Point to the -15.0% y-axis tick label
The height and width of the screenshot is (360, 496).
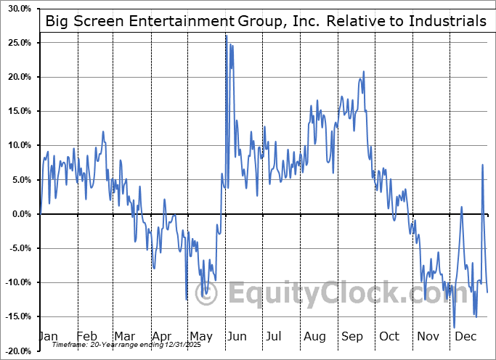coord(17,316)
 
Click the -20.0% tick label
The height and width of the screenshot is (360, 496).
coord(17,351)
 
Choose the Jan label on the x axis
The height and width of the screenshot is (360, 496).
coord(48,336)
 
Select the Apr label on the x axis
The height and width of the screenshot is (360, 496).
coord(162,336)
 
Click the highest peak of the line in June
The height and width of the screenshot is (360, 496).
coord(226,36)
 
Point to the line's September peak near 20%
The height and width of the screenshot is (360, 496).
coord(363,72)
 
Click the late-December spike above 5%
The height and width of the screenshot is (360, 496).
coord(482,165)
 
